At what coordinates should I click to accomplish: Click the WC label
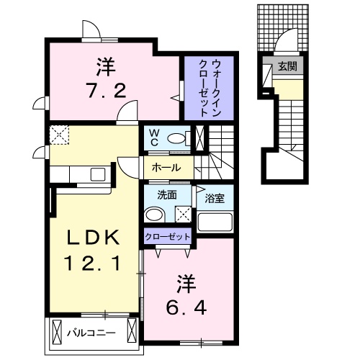153,137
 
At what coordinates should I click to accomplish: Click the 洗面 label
158,194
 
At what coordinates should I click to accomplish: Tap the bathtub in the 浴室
215,221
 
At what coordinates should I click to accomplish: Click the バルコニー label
89,333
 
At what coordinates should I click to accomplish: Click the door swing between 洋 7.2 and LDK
128,110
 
